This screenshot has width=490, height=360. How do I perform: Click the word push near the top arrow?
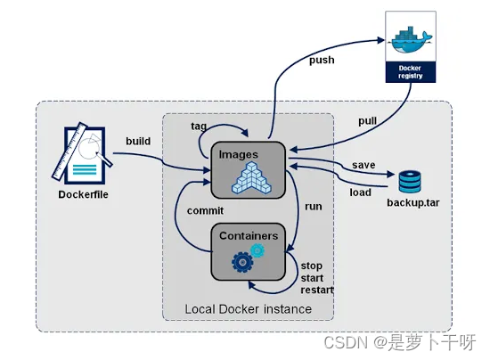click(x=322, y=60)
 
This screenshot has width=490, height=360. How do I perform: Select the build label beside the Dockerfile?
click(x=138, y=141)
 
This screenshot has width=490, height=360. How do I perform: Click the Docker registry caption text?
click(x=410, y=72)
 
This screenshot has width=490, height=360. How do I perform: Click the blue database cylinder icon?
click(x=410, y=181)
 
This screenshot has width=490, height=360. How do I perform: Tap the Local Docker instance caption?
click(x=248, y=308)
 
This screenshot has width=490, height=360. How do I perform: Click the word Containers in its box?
click(x=248, y=236)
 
